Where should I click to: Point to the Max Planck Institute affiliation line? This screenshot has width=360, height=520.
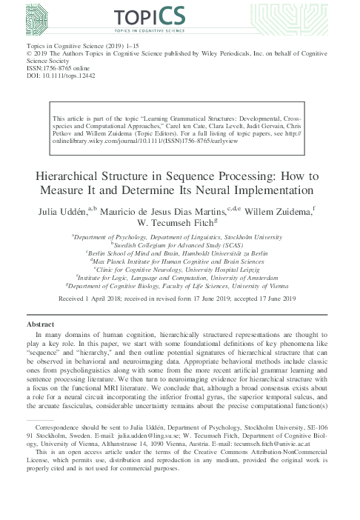[180, 261]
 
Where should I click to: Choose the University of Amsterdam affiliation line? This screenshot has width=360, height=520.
[180, 279]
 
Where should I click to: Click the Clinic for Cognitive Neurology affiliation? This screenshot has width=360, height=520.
[180, 270]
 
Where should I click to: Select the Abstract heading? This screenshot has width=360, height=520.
[40, 324]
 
